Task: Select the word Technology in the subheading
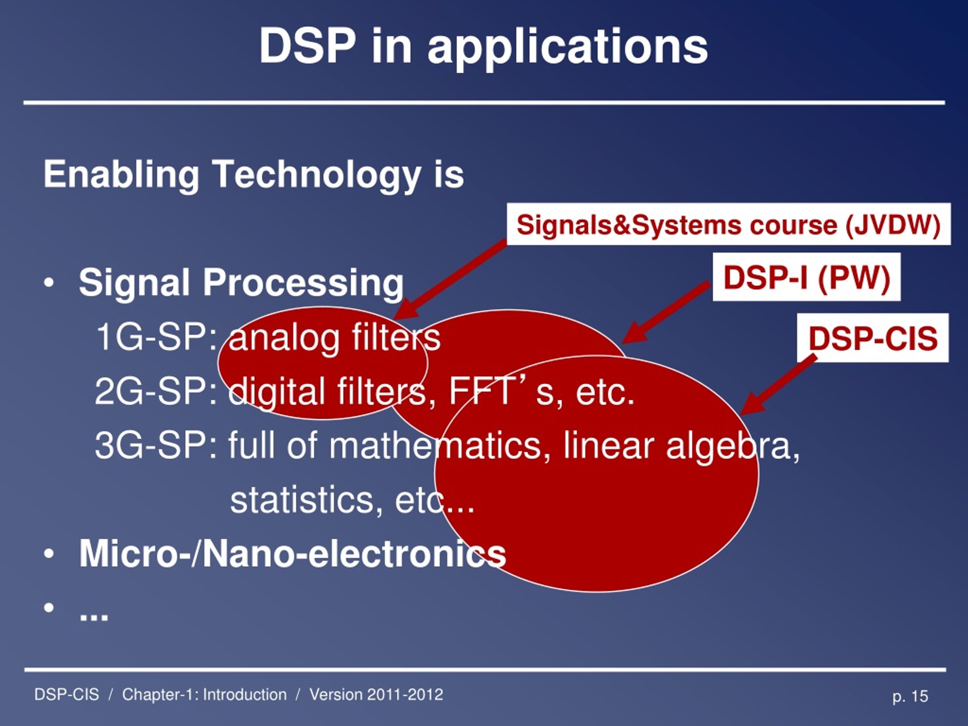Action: click(317, 174)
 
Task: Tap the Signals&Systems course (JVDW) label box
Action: click(729, 224)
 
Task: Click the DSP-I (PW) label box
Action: click(807, 277)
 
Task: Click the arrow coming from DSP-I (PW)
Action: click(665, 312)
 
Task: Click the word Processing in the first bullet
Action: click(303, 283)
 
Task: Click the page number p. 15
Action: click(910, 696)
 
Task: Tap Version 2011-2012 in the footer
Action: click(376, 695)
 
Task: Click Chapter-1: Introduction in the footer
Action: click(204, 695)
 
